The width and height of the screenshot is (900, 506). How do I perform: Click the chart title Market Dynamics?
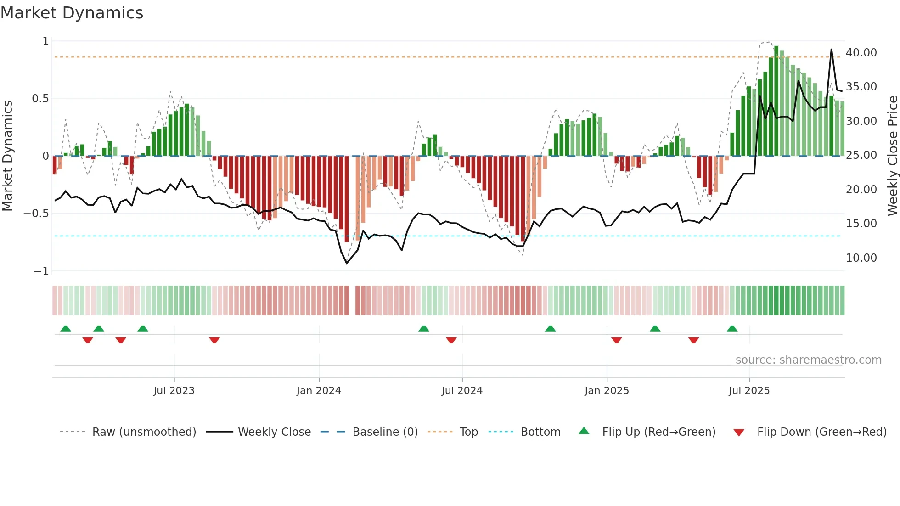coord(72,13)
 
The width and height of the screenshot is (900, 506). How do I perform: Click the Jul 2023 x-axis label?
coord(174,391)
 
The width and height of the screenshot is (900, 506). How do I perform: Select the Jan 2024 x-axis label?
coord(319,391)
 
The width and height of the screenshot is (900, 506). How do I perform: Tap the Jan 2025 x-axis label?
coord(607,391)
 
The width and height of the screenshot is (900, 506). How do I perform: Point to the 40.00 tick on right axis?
coord(861,53)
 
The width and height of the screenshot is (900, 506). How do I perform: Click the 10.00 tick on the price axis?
coord(861,258)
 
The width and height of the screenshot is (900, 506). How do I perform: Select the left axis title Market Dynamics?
coord(7,156)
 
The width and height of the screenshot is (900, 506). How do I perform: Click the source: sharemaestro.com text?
coord(808,360)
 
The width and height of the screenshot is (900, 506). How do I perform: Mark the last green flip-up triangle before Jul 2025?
coord(732,329)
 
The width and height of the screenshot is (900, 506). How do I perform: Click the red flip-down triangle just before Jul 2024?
coord(451,340)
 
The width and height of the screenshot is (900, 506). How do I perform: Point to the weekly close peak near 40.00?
coord(831,50)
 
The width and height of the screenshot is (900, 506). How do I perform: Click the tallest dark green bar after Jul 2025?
coord(776,101)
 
